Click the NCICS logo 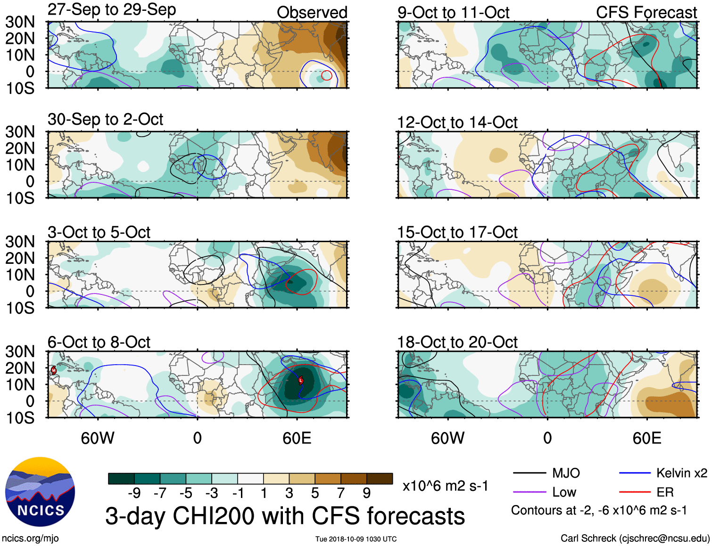[x=40, y=492]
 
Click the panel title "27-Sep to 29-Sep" [x=112, y=9]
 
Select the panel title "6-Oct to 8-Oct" [x=99, y=342]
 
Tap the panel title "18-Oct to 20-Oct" [x=457, y=342]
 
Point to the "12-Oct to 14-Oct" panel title [x=457, y=122]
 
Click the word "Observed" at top [x=312, y=12]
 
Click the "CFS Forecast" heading [x=646, y=12]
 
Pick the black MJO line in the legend [x=529, y=473]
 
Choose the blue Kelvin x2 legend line [x=635, y=473]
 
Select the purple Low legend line [x=529, y=492]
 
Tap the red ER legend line [x=635, y=492]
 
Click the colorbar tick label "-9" [x=134, y=493]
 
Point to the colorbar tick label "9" [x=366, y=493]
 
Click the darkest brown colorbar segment [x=380, y=479]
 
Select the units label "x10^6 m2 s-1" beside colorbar [x=445, y=486]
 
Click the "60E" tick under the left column [x=297, y=438]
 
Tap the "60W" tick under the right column [x=447, y=438]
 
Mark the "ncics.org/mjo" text [x=30, y=538]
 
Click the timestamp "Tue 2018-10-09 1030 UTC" [x=356, y=539]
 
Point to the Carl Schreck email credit [x=635, y=538]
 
